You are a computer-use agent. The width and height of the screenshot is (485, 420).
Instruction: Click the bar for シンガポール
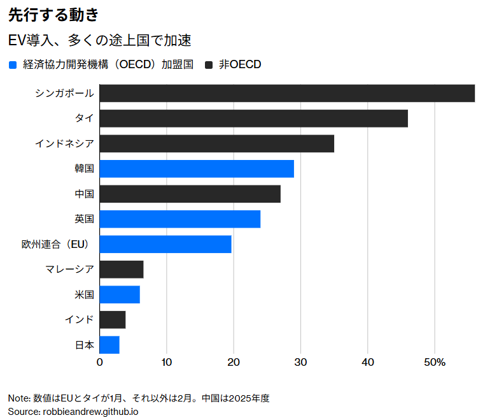pos(287,93)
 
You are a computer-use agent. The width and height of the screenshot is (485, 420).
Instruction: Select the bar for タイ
pos(253,119)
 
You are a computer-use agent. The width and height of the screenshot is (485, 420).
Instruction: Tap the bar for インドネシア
pos(216,143)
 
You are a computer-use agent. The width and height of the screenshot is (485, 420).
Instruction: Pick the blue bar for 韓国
pos(197,169)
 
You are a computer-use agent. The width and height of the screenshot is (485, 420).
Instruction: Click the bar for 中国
pos(190,194)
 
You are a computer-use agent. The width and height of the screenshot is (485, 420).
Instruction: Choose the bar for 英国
pos(180,219)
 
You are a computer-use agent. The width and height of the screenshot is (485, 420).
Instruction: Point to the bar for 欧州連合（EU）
pos(165,244)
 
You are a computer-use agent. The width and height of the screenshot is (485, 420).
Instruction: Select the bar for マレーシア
pos(122,270)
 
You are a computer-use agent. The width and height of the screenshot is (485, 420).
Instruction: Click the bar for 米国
pos(120,294)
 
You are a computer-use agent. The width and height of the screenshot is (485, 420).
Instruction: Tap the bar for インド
pos(113,319)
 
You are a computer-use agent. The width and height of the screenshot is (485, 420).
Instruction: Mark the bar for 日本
pos(109,345)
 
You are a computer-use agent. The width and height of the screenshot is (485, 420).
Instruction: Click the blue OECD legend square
pos(13,64)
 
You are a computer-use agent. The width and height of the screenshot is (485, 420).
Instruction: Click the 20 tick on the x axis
pos(234,362)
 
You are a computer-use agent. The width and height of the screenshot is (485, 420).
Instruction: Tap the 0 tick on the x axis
pos(100,362)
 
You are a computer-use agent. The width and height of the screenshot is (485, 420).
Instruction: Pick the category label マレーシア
pos(70,270)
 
